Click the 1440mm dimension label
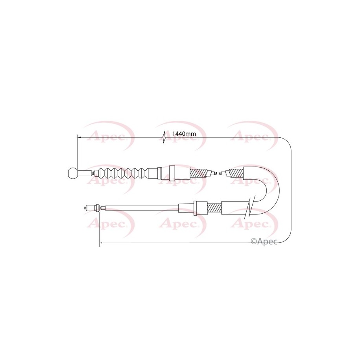point(184,133)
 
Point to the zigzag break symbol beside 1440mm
point(164,138)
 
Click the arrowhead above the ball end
point(79,137)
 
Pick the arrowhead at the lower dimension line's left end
point(101,243)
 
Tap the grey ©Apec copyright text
point(264,241)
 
